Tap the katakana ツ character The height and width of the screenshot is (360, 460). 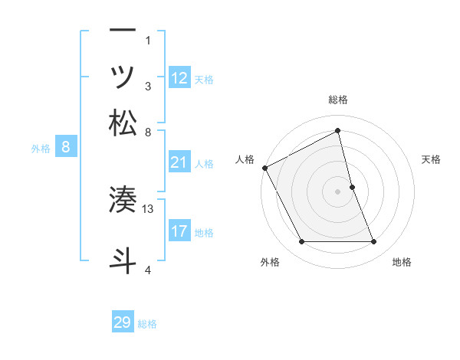click(123, 76)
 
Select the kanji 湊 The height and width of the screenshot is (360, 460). click(123, 199)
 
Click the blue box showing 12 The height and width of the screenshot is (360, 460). click(179, 77)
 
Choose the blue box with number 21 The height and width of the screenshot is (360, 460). click(179, 162)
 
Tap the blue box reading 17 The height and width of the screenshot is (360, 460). click(179, 231)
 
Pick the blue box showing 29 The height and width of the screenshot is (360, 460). click(123, 322)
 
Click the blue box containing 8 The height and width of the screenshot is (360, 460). click(66, 148)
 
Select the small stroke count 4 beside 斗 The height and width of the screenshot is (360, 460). click(148, 270)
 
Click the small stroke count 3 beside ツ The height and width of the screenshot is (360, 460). click(148, 87)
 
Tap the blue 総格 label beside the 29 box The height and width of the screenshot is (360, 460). click(148, 324)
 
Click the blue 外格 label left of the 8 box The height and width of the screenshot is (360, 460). click(41, 149)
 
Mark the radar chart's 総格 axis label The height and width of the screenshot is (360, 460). click(337, 100)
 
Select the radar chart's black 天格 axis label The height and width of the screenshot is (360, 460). click(431, 159)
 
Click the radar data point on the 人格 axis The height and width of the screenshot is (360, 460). click(264, 167)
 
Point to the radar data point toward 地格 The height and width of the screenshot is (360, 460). click(373, 242)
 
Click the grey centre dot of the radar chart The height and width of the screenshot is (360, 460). click(337, 191)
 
